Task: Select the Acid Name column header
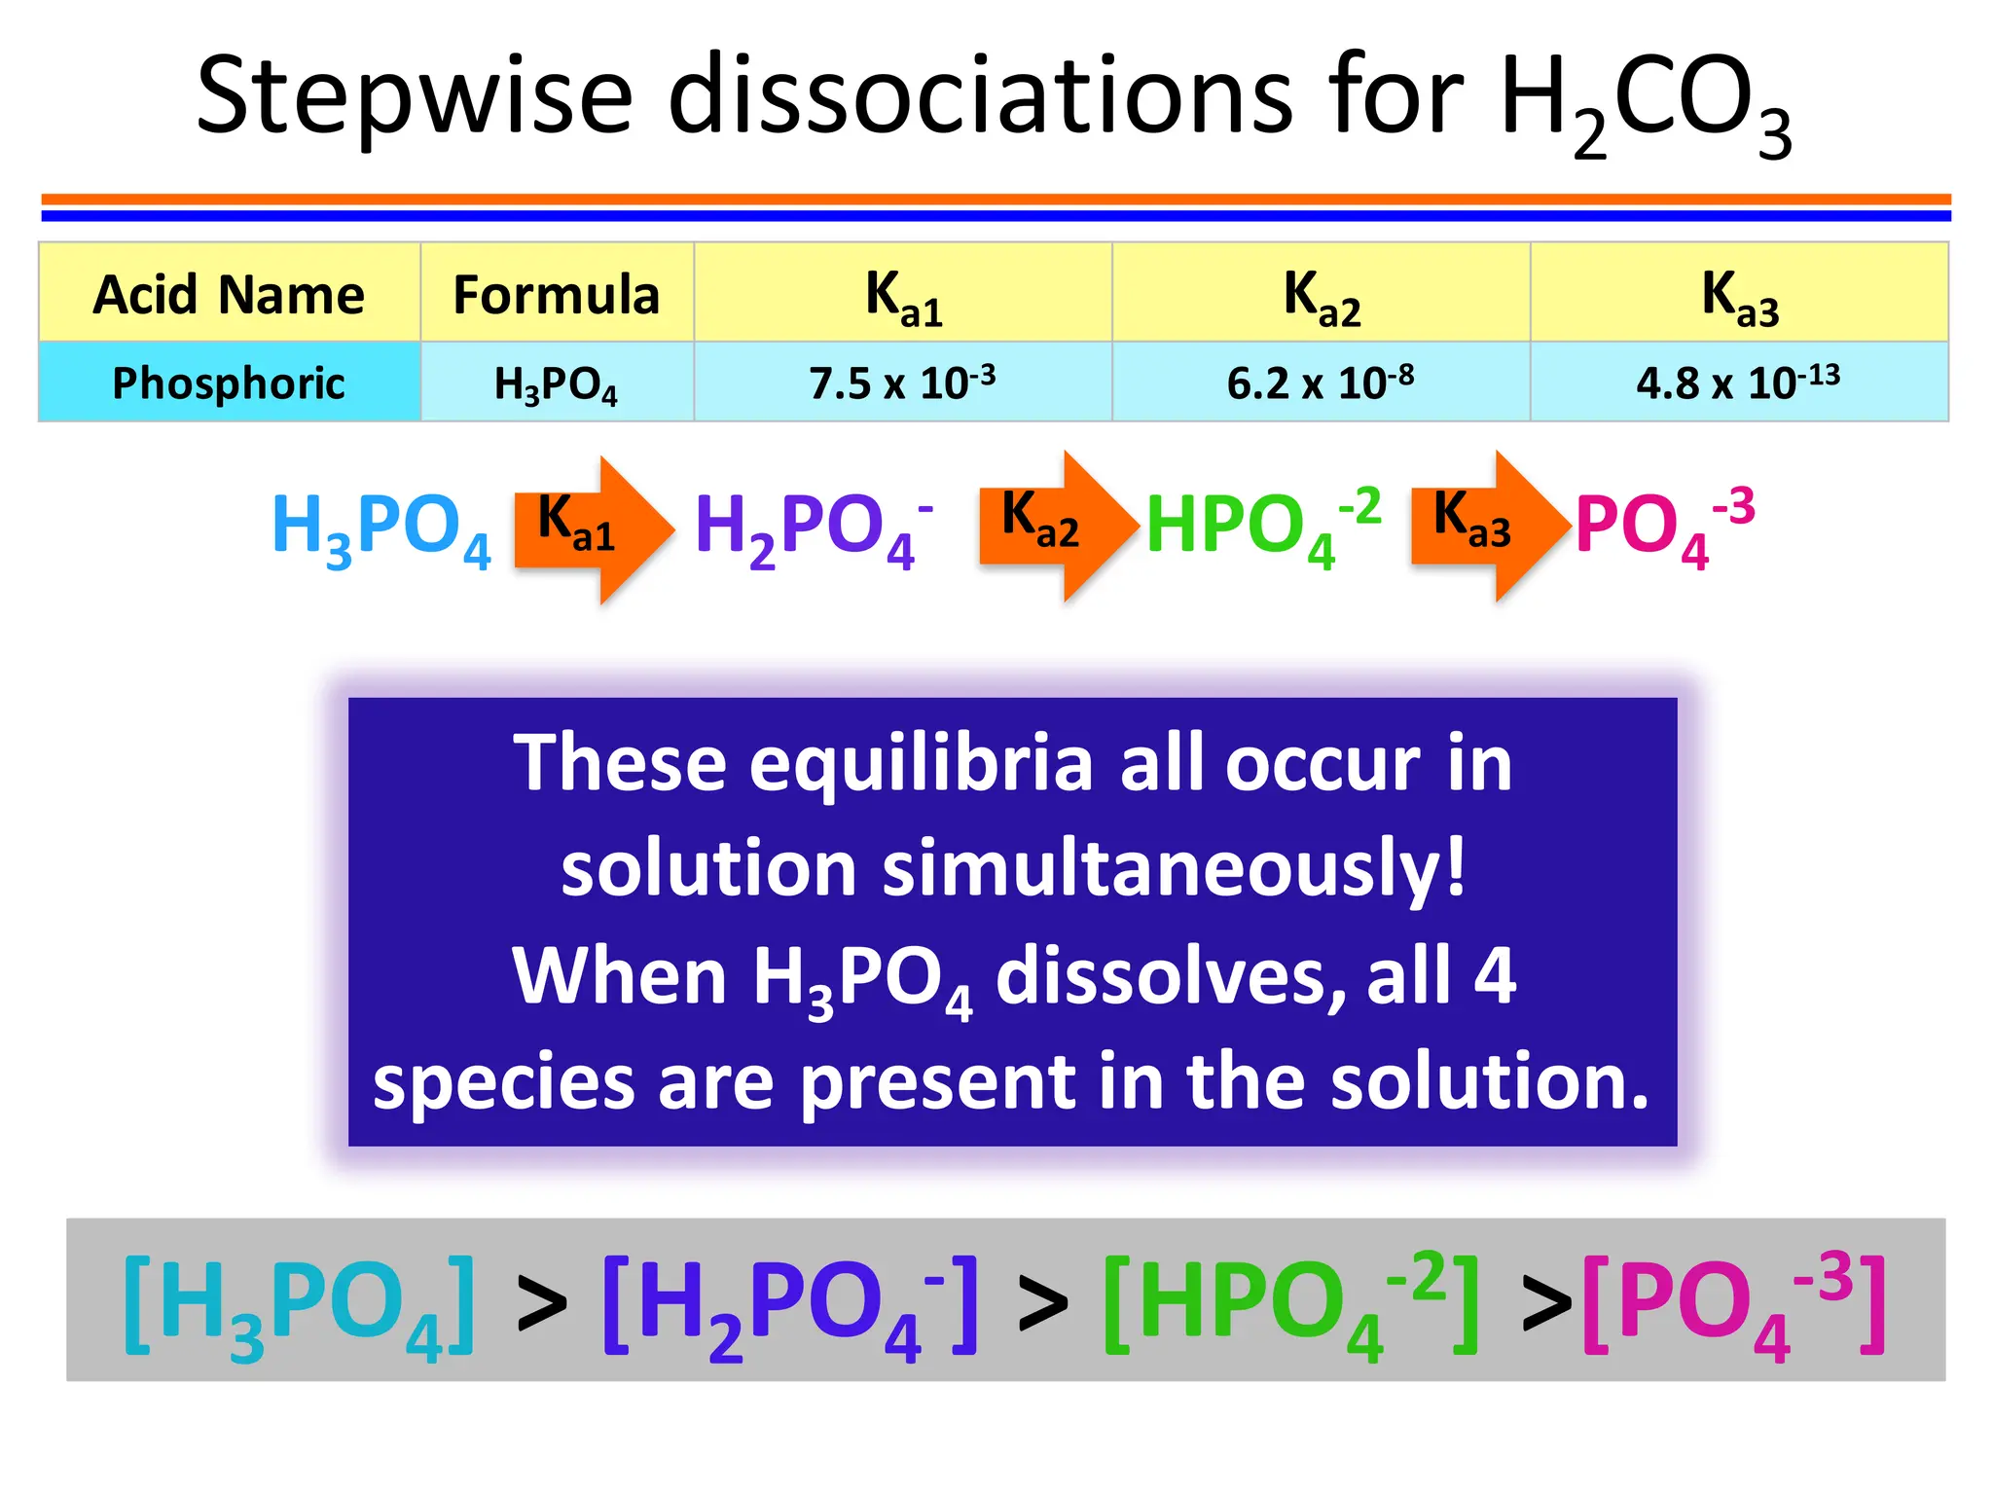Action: click(x=229, y=294)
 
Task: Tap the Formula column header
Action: click(x=557, y=294)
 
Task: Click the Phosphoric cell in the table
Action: click(x=229, y=383)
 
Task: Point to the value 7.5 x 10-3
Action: click(x=902, y=383)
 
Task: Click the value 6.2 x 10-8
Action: click(x=1321, y=383)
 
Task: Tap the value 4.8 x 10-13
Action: click(x=1738, y=383)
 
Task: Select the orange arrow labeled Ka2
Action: click(x=1056, y=526)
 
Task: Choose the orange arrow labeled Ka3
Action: click(x=1487, y=526)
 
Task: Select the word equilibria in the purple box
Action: click(x=922, y=763)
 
